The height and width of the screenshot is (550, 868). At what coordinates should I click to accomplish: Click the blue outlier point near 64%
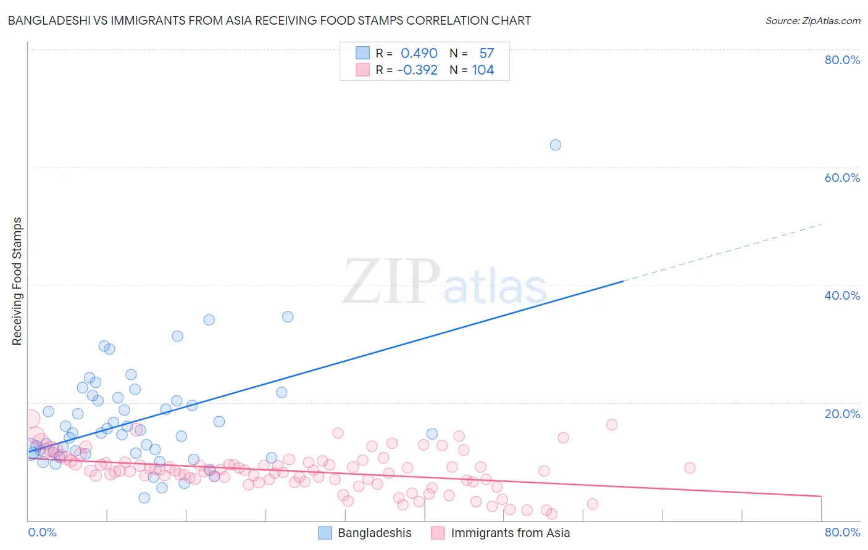tap(555, 145)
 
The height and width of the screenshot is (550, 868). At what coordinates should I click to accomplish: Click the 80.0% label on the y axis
tap(842, 60)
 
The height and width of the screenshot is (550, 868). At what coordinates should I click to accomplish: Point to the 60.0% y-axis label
tap(842, 178)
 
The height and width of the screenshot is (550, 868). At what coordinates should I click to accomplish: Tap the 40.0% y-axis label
tap(842, 295)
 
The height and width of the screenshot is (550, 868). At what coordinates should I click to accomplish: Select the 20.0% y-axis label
tap(842, 413)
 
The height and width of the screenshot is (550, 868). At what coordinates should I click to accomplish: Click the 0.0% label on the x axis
tap(42, 532)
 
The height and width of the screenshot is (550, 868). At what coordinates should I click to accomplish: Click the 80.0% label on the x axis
tap(842, 532)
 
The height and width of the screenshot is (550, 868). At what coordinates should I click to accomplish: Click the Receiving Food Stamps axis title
tap(17, 281)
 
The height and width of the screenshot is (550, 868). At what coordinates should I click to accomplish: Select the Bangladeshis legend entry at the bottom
tap(374, 533)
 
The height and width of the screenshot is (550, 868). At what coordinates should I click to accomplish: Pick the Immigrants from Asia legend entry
tap(510, 533)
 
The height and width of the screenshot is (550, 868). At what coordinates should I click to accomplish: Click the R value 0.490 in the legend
tap(419, 54)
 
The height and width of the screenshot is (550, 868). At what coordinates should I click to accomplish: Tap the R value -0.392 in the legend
tap(417, 70)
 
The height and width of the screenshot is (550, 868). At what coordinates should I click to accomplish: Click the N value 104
tap(483, 70)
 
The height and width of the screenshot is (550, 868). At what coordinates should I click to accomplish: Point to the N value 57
tap(486, 54)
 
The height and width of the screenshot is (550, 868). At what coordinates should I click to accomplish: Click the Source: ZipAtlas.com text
tap(812, 21)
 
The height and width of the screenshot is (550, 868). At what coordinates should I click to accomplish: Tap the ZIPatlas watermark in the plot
tap(444, 282)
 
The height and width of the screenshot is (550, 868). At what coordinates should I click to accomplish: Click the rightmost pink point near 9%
tap(690, 468)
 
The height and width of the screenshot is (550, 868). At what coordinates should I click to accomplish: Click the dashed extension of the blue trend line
tap(722, 252)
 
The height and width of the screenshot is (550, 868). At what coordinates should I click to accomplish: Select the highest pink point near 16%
tap(612, 424)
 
